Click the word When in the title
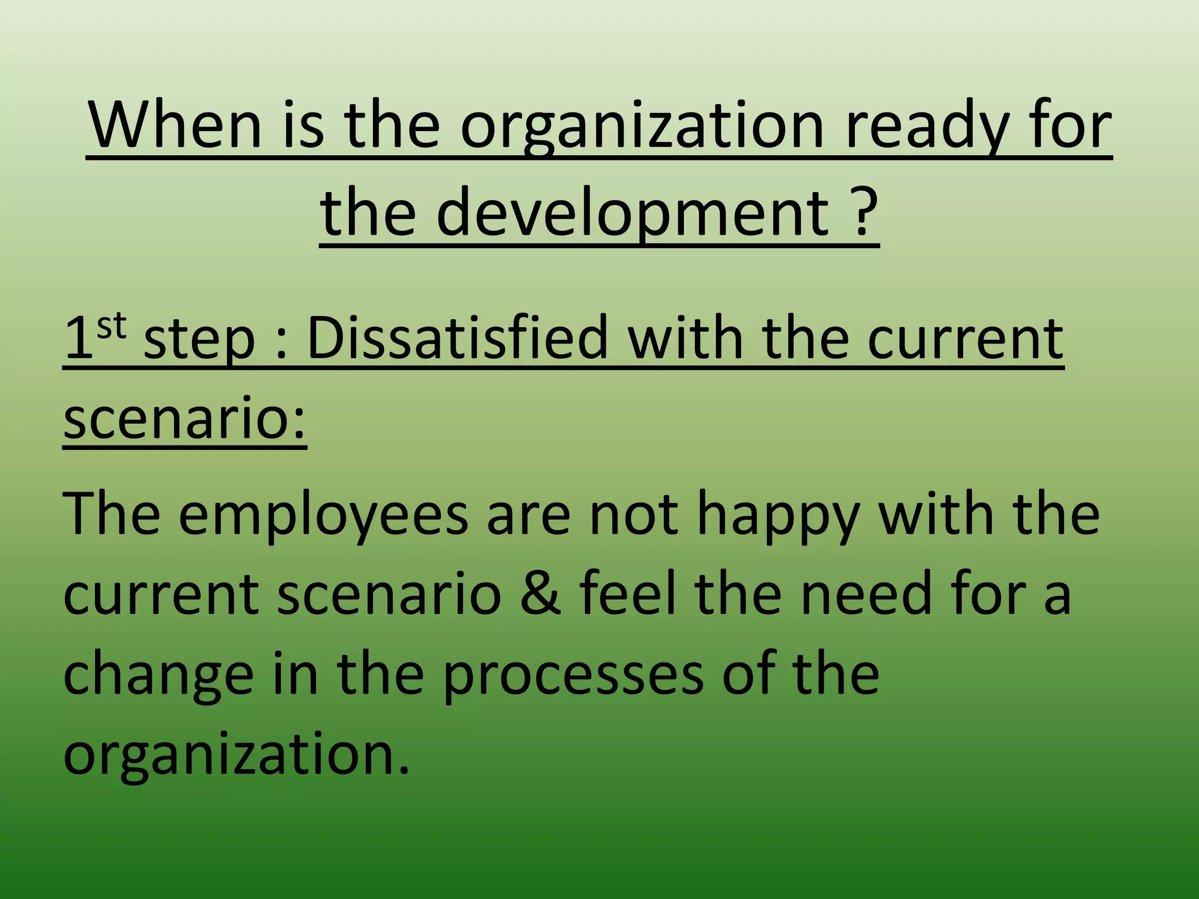click(x=175, y=125)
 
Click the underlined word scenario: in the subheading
click(x=184, y=418)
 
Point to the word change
click(x=158, y=677)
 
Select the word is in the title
click(x=303, y=125)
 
